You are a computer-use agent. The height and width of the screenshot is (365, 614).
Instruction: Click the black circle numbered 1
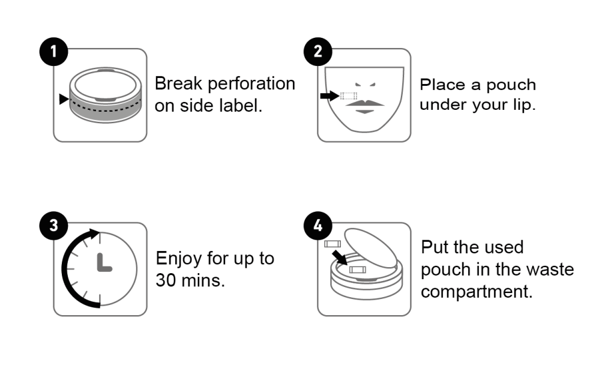[x=53, y=52]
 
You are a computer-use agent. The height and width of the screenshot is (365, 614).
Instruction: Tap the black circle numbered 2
[x=318, y=52]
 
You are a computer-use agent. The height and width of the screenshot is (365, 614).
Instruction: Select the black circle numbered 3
[x=53, y=226]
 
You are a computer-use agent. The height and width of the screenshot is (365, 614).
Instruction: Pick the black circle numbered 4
[x=318, y=226]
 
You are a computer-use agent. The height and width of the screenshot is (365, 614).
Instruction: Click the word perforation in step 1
[x=251, y=84]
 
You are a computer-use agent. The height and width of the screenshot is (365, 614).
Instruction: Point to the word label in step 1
[x=241, y=106]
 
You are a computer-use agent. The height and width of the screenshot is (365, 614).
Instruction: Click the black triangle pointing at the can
[x=64, y=99]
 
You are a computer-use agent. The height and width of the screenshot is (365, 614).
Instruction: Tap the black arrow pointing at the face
[x=330, y=95]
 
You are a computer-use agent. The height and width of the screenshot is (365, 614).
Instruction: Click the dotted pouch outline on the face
[x=349, y=96]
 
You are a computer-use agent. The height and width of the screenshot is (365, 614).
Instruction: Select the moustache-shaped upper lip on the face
[x=364, y=103]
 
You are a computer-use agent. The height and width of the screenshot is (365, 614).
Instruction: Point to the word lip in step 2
[x=524, y=105]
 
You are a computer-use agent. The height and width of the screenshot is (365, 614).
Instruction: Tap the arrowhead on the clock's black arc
[x=94, y=234]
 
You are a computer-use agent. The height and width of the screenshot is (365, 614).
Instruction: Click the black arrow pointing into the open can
[x=339, y=258]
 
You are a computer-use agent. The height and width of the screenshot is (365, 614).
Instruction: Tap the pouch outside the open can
[x=333, y=244]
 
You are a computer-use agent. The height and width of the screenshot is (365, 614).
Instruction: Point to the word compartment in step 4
[x=477, y=292]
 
